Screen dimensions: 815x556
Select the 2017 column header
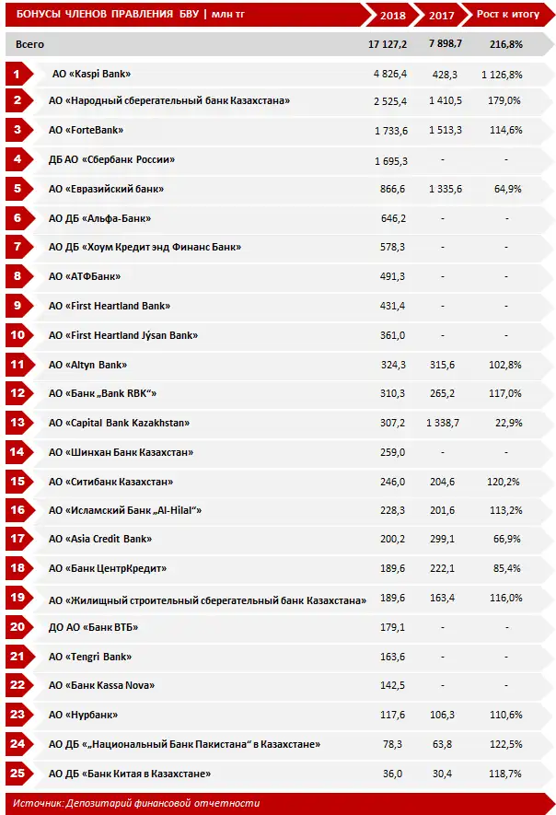[x=444, y=15]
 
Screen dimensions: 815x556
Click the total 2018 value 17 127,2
[x=388, y=44]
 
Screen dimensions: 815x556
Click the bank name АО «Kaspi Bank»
[x=96, y=73]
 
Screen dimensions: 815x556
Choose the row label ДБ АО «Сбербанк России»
[x=111, y=159]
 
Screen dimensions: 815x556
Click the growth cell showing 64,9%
[x=507, y=189]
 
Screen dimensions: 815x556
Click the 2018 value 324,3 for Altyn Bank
[x=390, y=365]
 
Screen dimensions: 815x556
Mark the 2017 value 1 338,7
[x=444, y=423]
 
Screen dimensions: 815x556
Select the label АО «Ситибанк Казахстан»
[x=111, y=481]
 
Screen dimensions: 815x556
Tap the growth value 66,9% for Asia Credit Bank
[x=507, y=539]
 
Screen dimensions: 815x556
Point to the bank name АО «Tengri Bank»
[x=90, y=657]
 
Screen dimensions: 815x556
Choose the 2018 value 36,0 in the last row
[x=394, y=774]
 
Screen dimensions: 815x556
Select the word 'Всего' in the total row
[x=29, y=44]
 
